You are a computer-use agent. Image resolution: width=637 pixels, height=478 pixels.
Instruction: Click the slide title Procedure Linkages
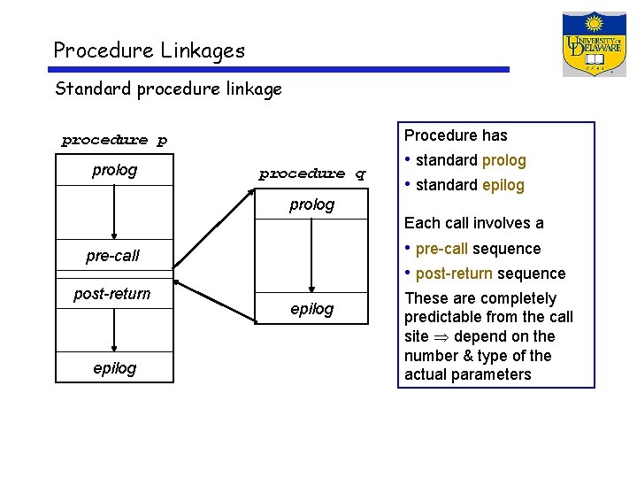149,50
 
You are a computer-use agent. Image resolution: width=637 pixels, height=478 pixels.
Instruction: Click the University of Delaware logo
594,44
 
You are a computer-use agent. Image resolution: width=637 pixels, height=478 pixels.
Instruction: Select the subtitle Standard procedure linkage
168,89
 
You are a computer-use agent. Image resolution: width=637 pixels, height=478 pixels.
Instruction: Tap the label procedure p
114,140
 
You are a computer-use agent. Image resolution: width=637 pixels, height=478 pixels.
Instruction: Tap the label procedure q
312,174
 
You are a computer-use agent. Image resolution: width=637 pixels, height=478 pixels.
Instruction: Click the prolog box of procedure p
115,170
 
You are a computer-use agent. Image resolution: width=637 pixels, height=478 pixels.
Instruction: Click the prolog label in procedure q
312,204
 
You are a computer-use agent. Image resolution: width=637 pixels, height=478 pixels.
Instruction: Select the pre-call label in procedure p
112,256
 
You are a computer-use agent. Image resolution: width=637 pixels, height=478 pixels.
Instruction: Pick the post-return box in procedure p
112,293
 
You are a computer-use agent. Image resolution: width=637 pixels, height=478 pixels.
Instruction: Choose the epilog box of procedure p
115,367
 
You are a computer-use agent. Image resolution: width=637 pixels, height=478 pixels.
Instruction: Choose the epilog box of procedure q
312,308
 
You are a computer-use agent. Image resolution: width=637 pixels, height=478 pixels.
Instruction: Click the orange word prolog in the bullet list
503,160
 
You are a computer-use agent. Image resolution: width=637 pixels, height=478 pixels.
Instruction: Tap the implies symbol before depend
438,337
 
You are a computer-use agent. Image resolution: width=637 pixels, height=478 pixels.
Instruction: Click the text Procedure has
456,135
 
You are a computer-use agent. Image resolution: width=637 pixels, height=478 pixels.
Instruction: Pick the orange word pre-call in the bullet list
441,249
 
